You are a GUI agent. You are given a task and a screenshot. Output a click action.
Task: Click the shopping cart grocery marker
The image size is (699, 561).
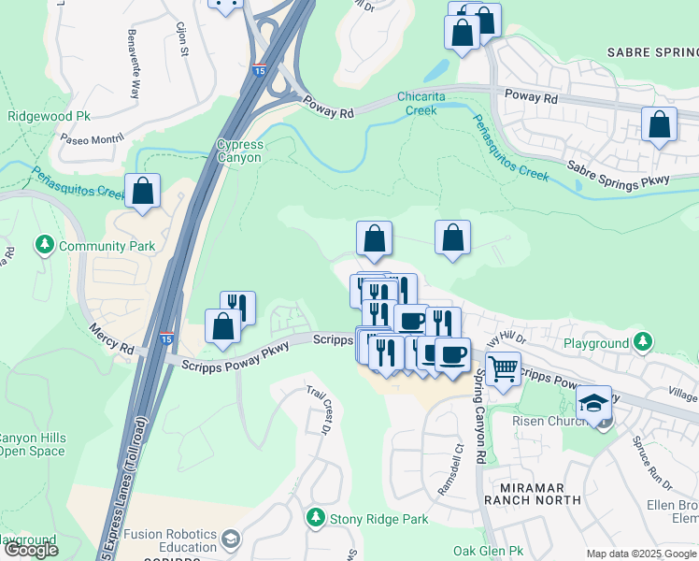point(503,370)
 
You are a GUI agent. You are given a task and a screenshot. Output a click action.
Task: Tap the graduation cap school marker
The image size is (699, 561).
point(593,403)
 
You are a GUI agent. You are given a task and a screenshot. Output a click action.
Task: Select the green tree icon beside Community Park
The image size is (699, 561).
point(44,245)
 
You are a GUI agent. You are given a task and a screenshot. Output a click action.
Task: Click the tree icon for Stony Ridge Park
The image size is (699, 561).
point(316,517)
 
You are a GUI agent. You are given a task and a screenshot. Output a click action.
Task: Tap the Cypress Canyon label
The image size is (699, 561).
point(240,151)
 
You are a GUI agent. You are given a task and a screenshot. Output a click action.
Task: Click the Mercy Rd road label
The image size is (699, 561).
point(112,338)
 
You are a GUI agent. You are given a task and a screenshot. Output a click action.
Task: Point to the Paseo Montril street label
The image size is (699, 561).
point(92,138)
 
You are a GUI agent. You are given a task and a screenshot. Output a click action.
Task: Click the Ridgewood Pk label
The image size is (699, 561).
point(49,117)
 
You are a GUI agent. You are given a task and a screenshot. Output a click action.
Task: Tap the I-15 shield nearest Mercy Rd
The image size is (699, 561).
point(165,338)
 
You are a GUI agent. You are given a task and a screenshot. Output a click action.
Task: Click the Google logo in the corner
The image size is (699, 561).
point(30,550)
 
